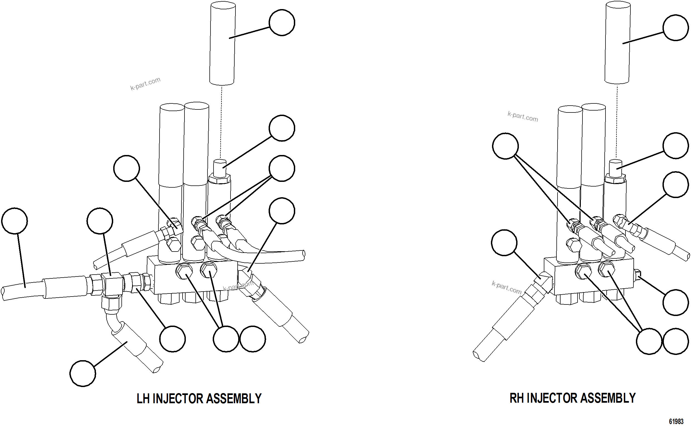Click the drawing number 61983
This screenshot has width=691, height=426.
click(676, 422)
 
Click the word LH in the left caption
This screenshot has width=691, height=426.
click(143, 399)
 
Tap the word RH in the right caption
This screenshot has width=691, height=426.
click(516, 398)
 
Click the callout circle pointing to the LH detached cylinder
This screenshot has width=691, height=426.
click(282, 22)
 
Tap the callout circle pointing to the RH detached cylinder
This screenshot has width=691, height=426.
click(676, 28)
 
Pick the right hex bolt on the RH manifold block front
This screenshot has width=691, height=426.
click(607, 269)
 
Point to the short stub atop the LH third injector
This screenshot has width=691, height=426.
click(220, 168)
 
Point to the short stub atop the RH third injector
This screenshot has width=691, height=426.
click(616, 168)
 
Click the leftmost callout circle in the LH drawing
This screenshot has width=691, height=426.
click(14, 221)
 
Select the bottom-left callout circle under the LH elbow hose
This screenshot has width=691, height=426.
click(83, 373)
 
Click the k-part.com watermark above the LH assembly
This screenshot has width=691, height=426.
click(145, 84)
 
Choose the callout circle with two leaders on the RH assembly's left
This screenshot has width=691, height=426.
click(505, 146)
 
